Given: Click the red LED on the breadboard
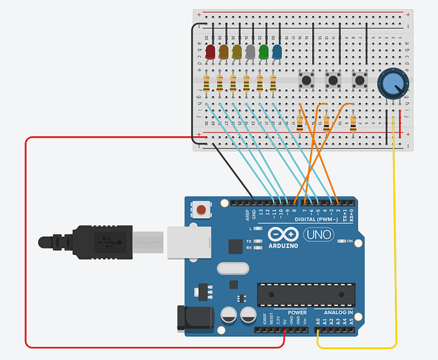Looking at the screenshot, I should click(211, 52).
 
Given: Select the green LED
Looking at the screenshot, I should click(264, 52).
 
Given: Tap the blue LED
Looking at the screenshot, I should click(277, 52).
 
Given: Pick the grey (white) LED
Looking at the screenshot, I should click(250, 52).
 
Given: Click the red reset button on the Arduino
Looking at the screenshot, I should click(203, 211).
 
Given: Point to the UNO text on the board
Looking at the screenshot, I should click(316, 235).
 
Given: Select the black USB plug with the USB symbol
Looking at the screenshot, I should click(101, 242).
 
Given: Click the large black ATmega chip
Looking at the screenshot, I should click(306, 295).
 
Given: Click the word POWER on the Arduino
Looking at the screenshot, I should click(297, 313).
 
